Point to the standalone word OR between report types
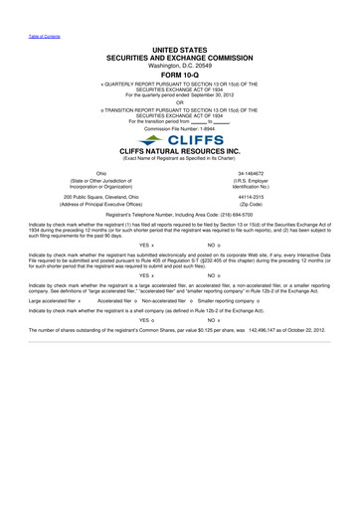point(180,97)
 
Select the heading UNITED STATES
point(180,46)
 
